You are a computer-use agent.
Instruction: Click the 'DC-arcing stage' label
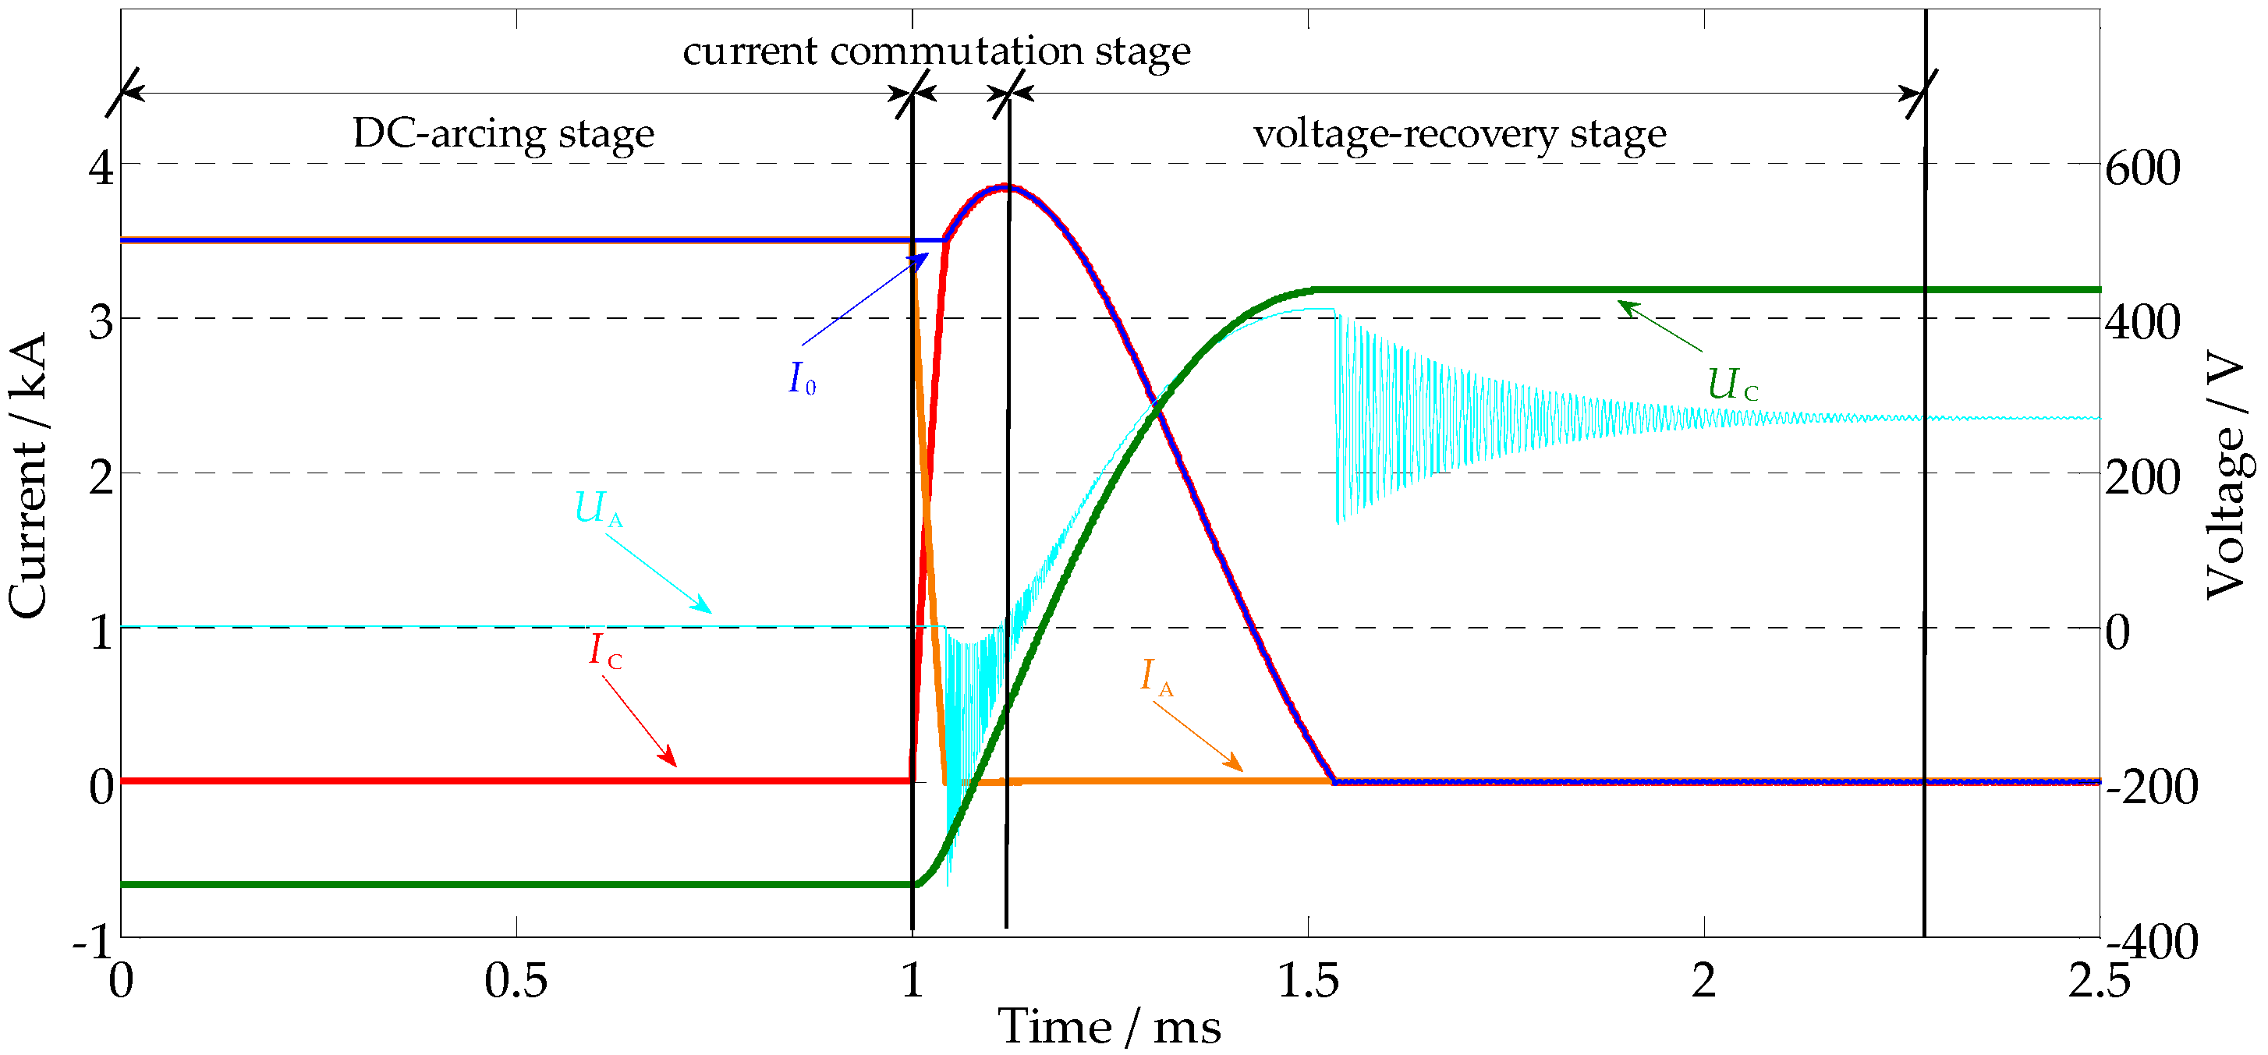point(503,134)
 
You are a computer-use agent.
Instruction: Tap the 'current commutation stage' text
point(936,51)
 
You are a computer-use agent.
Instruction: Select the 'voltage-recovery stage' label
point(1459,135)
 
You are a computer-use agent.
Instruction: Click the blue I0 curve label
point(801,379)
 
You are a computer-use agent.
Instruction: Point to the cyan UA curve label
point(598,509)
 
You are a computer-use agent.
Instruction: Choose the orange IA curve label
point(1156,678)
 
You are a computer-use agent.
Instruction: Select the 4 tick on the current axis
point(101,166)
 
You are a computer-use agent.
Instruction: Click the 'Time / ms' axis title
point(1108,1027)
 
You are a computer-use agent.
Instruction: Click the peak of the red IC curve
point(1006,186)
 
